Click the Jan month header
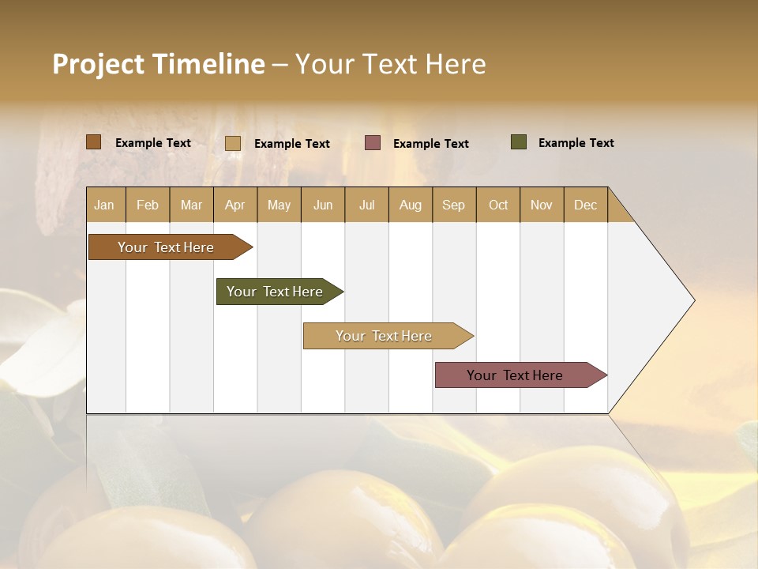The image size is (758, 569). pyautogui.click(x=104, y=205)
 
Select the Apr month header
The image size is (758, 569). pyautogui.click(x=235, y=205)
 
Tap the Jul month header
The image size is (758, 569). pyautogui.click(x=366, y=205)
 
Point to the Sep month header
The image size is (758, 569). pyautogui.click(x=453, y=205)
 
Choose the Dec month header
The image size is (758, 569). pyautogui.click(x=585, y=205)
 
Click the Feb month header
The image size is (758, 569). pyautogui.click(x=148, y=205)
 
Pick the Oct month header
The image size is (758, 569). pyautogui.click(x=498, y=205)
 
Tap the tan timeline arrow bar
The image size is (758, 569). pyautogui.click(x=385, y=336)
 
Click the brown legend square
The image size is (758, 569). pyautogui.click(x=94, y=142)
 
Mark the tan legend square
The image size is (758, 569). pyautogui.click(x=233, y=143)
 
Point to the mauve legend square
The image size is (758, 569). pyautogui.click(x=373, y=143)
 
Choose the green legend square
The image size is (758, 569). pyautogui.click(x=519, y=142)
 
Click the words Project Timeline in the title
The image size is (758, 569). pyautogui.click(x=159, y=64)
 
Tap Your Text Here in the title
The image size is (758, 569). pyautogui.click(x=390, y=64)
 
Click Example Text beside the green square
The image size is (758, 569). pyautogui.click(x=576, y=143)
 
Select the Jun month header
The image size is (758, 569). pyautogui.click(x=323, y=205)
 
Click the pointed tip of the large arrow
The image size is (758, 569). pyautogui.click(x=692, y=300)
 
